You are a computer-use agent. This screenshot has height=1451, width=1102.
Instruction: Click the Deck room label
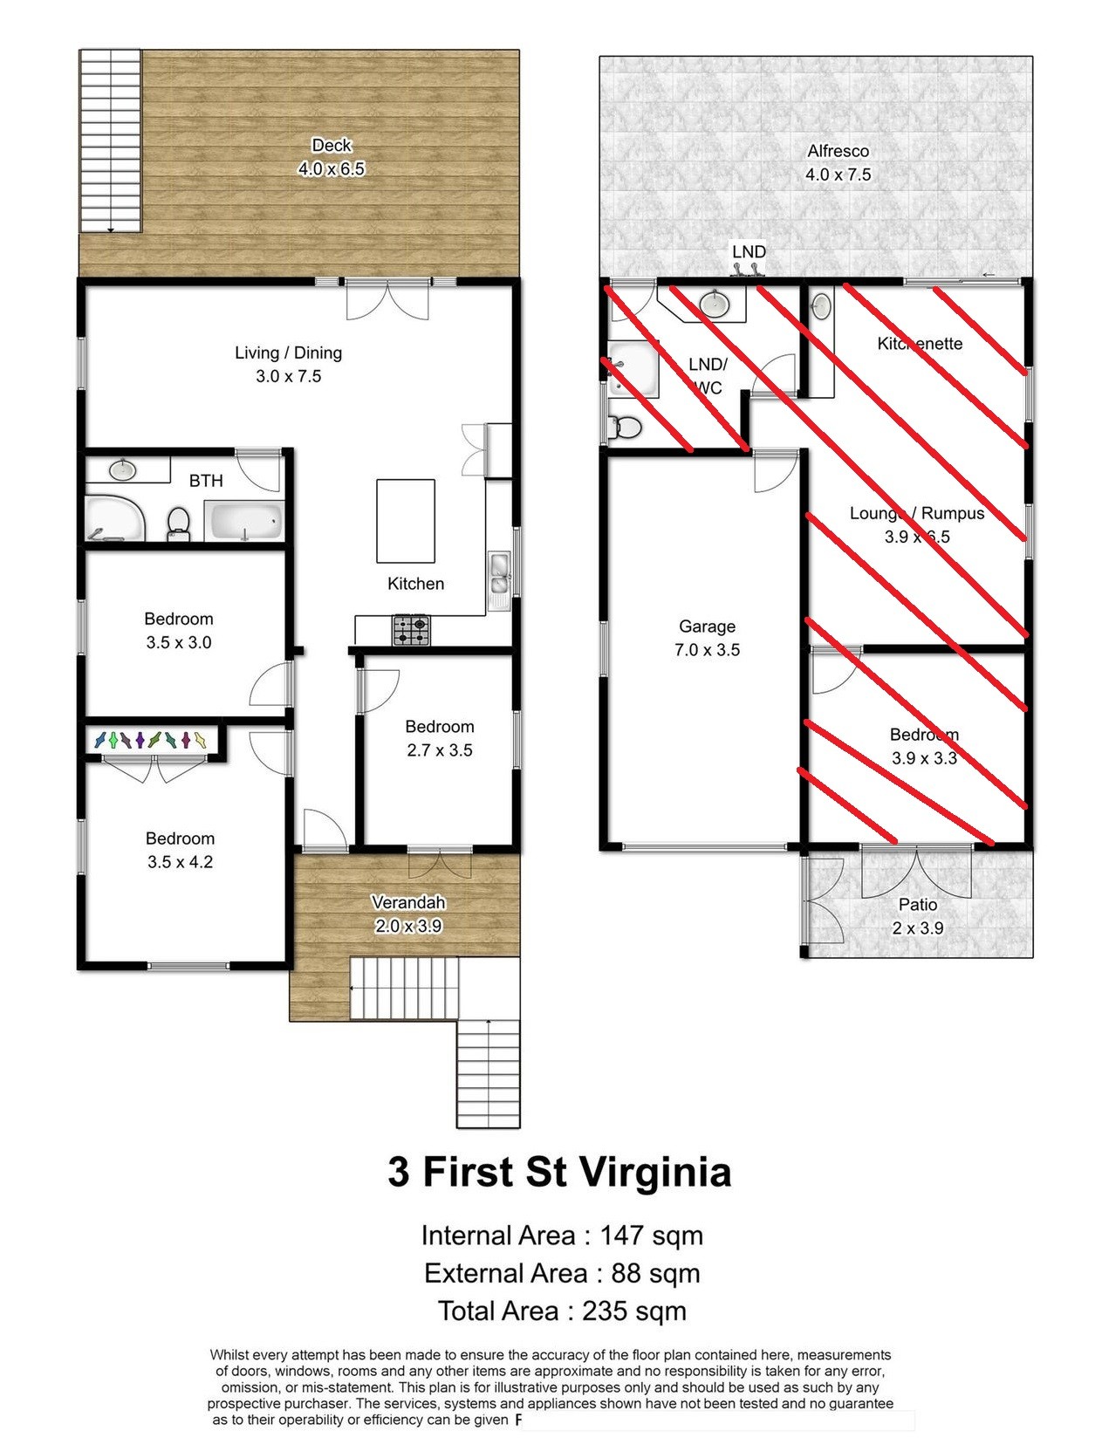(x=331, y=145)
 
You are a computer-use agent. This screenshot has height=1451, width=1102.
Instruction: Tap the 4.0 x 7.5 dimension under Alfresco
(x=838, y=175)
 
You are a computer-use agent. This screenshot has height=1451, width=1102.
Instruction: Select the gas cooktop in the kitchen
(x=411, y=630)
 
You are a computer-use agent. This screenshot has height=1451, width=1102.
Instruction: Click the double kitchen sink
(x=499, y=572)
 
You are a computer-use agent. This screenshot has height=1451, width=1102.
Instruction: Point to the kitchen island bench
(x=405, y=521)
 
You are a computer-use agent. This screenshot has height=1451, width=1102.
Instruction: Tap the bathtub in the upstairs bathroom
(x=244, y=521)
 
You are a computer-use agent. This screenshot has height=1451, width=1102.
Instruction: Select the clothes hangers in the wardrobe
(x=150, y=740)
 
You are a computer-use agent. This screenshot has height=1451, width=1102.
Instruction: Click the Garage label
(x=707, y=626)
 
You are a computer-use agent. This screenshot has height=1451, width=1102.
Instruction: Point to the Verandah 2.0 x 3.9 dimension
(x=408, y=926)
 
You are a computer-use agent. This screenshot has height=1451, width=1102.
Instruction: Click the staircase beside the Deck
(x=110, y=140)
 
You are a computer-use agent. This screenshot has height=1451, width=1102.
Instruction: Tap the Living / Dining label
(x=288, y=352)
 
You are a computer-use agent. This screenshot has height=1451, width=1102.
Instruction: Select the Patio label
(x=918, y=905)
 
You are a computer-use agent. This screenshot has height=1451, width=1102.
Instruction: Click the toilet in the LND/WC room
(x=625, y=428)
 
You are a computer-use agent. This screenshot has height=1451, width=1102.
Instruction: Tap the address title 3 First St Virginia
(x=559, y=1172)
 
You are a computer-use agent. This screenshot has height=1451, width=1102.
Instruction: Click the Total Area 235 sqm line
(x=561, y=1311)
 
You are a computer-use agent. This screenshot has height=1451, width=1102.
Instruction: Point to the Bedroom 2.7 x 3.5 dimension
(x=439, y=750)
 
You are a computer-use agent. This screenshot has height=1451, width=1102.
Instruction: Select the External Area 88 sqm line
(x=561, y=1273)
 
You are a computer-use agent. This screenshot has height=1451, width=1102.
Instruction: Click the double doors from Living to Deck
(x=387, y=299)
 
